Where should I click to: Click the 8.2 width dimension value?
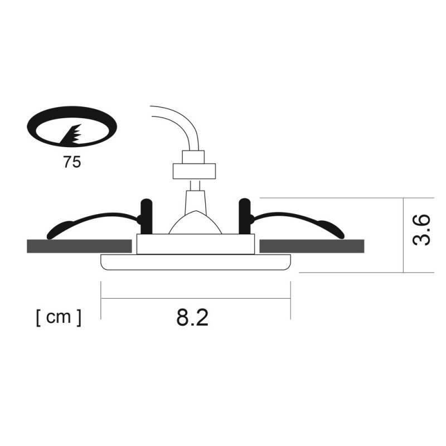pos(192,317)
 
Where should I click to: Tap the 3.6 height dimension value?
pos(421,229)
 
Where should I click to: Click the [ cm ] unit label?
pos(58,317)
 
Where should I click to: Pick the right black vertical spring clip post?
pos(245,216)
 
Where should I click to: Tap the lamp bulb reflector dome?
pos(195,223)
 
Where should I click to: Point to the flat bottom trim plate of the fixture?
pos(195,262)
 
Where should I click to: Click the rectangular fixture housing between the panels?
pos(195,244)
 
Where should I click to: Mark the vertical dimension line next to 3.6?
pos(403,234)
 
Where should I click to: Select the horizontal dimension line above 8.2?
pos(195,298)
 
